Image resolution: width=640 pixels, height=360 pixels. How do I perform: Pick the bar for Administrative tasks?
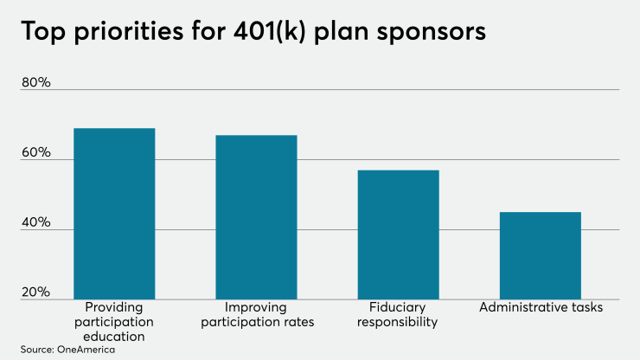coord(541,255)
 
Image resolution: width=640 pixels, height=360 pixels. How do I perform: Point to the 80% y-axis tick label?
coord(36,82)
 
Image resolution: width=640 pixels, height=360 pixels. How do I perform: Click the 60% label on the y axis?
coord(36,152)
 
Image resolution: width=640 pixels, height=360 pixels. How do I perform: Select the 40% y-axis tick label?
coord(36,222)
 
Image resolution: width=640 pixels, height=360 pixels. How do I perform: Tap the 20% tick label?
coord(36,292)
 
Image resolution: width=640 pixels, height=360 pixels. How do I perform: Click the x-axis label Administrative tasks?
coord(541,307)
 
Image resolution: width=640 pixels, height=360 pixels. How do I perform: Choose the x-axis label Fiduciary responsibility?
coord(398,315)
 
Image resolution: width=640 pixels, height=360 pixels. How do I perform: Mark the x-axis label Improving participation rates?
coord(256,315)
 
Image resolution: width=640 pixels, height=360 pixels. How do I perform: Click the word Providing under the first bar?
coord(114,307)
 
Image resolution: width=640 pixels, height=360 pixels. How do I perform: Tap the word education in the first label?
coord(114,337)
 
